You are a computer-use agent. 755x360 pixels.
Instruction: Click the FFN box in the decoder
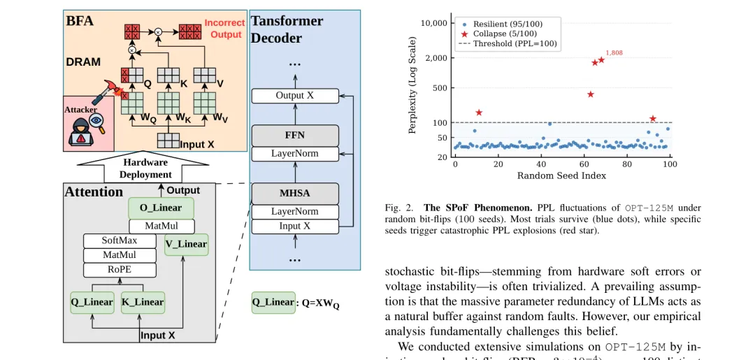click(x=294, y=136)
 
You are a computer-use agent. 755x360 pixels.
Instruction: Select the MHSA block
click(x=294, y=193)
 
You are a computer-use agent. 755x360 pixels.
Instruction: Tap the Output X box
click(x=294, y=96)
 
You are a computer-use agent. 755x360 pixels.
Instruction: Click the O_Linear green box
click(x=161, y=208)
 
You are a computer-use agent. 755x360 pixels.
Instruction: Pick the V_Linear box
click(x=186, y=244)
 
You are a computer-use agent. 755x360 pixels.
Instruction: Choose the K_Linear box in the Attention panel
click(x=143, y=302)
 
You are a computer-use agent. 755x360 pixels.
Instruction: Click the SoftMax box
click(x=119, y=240)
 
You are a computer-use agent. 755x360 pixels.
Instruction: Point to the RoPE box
click(x=119, y=270)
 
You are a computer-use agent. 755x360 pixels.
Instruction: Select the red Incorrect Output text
click(x=224, y=29)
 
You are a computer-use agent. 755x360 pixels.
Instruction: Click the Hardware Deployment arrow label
click(x=145, y=168)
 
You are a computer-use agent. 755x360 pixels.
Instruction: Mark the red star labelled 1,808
click(x=601, y=59)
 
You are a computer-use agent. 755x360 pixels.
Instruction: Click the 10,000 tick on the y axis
click(x=434, y=24)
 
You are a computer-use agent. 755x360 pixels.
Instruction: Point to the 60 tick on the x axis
click(x=584, y=164)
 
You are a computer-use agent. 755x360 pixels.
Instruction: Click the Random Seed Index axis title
click(x=561, y=175)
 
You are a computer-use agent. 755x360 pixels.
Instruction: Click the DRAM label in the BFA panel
click(x=83, y=62)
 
